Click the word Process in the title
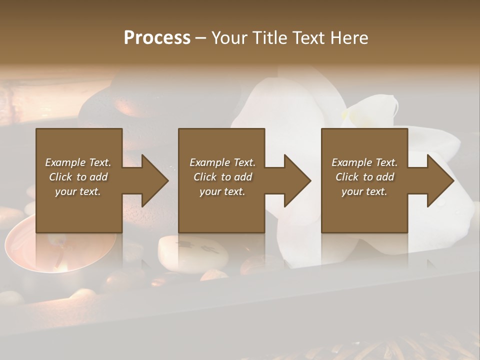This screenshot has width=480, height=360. (157, 38)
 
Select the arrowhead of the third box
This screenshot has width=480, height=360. (439, 180)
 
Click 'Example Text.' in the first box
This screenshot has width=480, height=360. (78, 162)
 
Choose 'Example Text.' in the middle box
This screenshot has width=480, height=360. (222, 162)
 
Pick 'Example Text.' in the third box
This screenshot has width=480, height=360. (364, 162)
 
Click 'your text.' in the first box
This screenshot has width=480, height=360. (78, 191)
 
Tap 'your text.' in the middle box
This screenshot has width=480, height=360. (222, 191)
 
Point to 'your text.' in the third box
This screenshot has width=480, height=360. (364, 191)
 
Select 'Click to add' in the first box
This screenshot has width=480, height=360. (78, 177)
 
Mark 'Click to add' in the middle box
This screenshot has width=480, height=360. (222, 177)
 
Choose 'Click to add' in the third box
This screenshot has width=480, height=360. (364, 177)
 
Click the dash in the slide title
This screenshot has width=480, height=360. (200, 38)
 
